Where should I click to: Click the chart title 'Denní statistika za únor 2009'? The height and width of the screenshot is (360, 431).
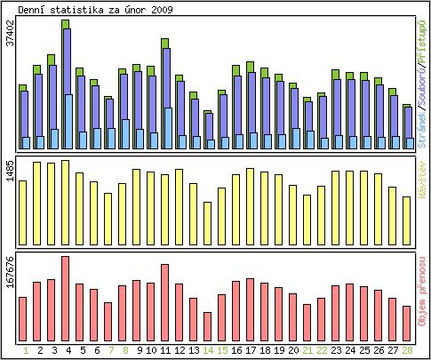[95, 9]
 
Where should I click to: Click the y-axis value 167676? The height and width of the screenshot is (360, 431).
[10, 271]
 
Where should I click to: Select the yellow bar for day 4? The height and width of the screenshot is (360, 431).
[65, 200]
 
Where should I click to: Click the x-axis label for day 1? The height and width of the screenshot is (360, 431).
[23, 351]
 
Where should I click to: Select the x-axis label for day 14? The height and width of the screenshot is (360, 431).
[208, 351]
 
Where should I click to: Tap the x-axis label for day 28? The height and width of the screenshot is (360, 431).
[407, 351]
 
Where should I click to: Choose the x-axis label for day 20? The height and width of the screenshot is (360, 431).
[293, 351]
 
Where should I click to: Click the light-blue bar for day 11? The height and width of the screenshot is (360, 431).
[167, 128]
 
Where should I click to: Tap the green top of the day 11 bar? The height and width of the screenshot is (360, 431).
[164, 43]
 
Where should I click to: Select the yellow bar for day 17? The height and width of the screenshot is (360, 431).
[250, 204]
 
